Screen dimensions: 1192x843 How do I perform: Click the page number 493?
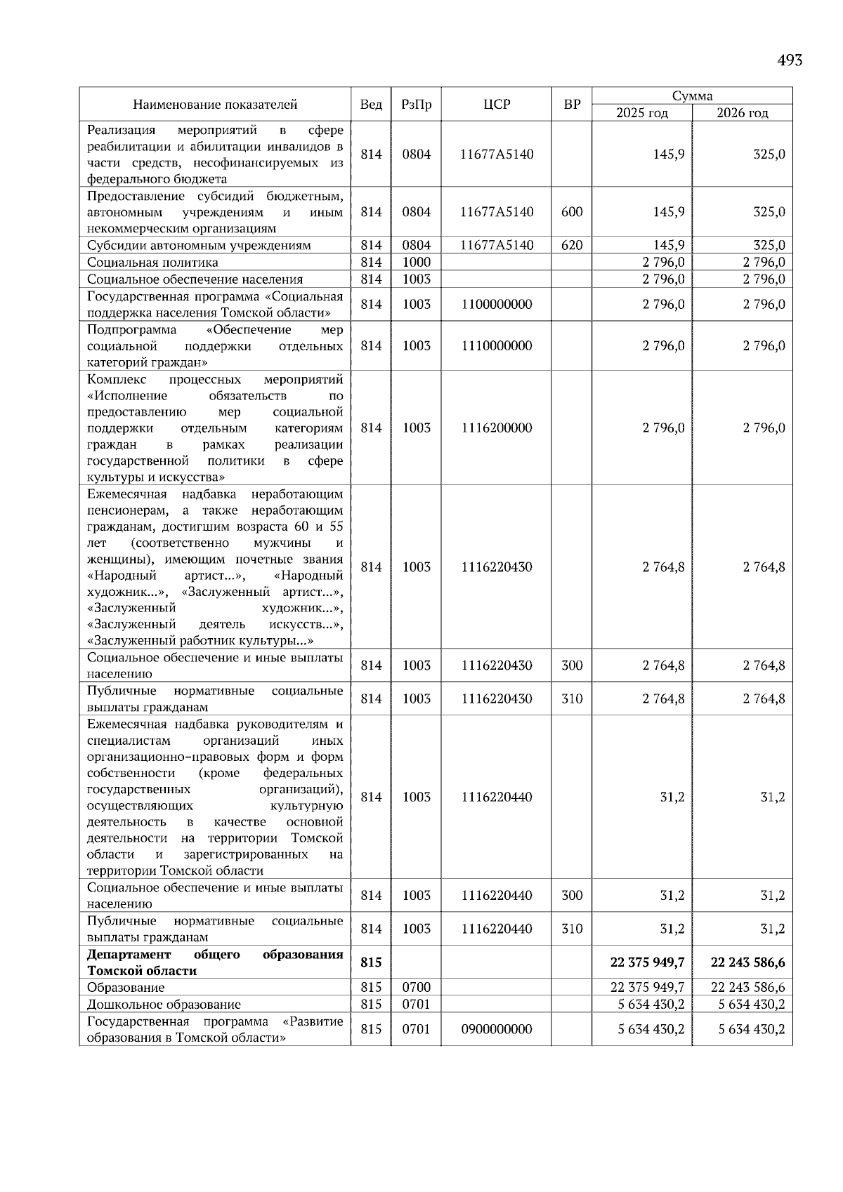coord(790,60)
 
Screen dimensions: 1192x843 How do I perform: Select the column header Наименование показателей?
coord(215,105)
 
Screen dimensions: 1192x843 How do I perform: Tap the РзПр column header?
coord(416,105)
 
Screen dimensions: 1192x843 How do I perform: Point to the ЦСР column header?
coord(497,105)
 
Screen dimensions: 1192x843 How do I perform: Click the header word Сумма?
coord(692,96)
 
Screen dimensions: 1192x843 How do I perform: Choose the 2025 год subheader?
coord(642,113)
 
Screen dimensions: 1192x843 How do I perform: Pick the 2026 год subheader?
coord(743,113)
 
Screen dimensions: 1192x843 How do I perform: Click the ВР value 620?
coord(572,246)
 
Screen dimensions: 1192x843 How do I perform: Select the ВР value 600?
coord(572,212)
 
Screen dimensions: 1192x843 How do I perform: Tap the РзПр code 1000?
coord(416,263)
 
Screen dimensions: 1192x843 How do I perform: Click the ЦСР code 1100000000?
coord(497,305)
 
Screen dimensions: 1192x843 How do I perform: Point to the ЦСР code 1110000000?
coord(497,346)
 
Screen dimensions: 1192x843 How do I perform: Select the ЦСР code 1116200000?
coord(497,428)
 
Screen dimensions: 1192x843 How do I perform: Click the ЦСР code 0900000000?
coord(497,1030)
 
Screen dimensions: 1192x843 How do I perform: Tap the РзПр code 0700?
coord(416,988)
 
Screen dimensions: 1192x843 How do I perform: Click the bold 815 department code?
coord(371,963)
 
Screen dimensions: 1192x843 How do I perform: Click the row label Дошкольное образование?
coord(164,1005)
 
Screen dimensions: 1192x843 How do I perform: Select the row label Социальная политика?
coord(152,263)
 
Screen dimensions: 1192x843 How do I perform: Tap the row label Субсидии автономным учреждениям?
coord(199,246)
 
